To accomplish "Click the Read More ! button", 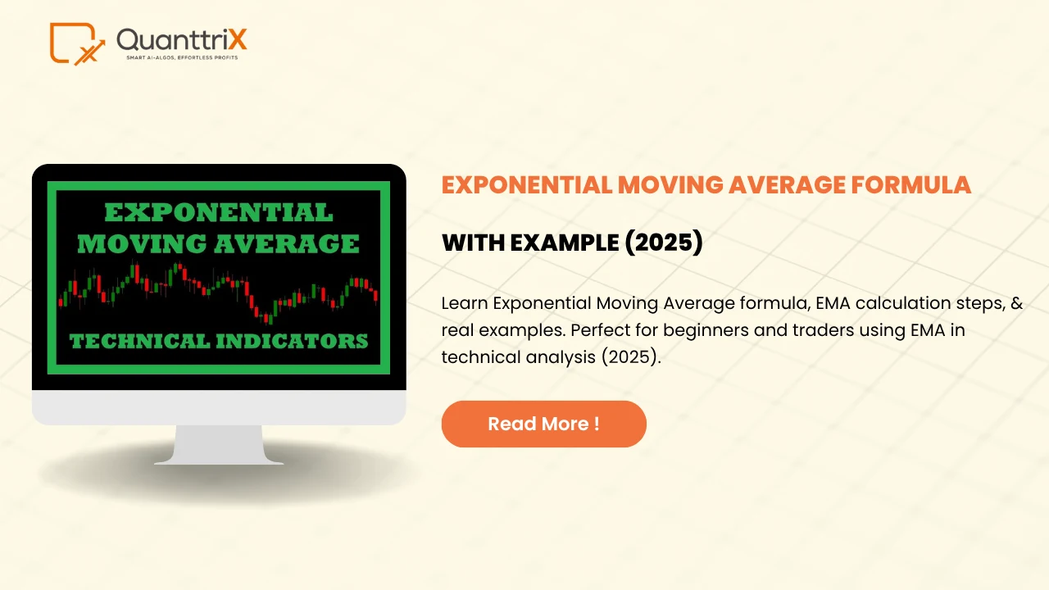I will [543, 424].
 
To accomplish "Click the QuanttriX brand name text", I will [181, 39].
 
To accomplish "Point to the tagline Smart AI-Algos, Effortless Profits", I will [185, 58].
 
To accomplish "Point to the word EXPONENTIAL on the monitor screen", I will [219, 213].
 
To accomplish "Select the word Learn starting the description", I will [464, 303].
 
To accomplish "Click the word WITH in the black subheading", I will [473, 243].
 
